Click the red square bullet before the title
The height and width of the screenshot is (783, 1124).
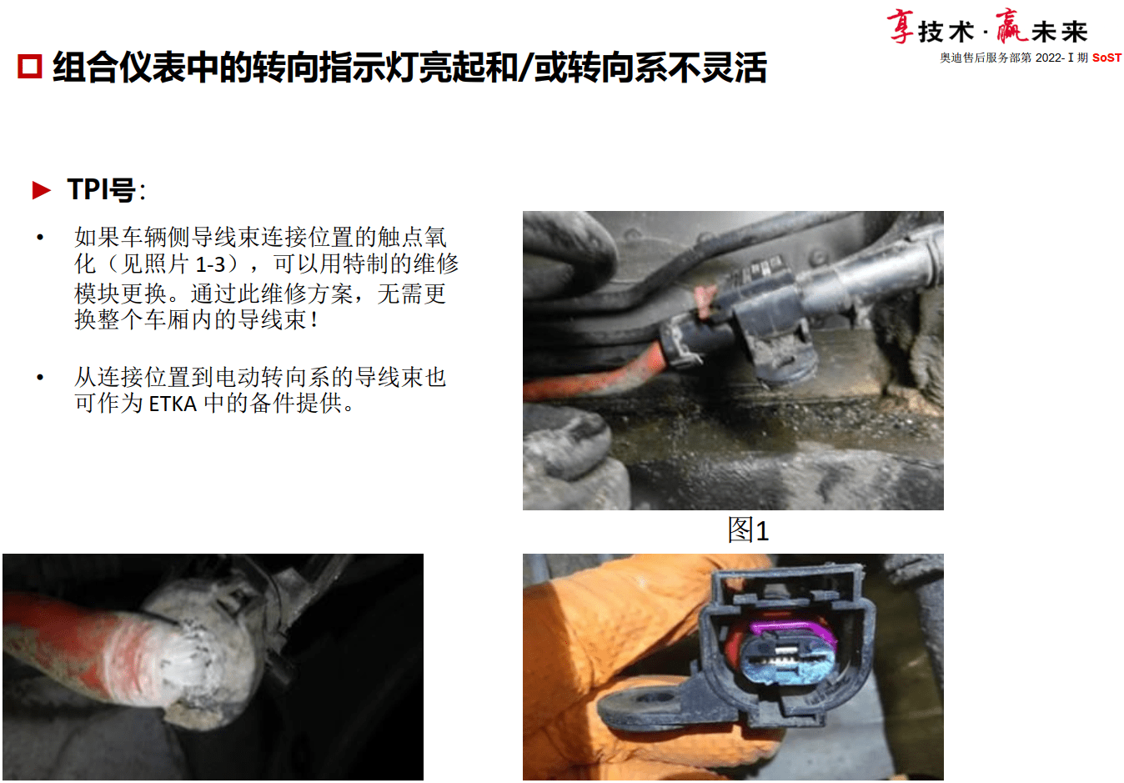pos(30,67)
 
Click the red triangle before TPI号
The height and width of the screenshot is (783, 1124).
pos(41,190)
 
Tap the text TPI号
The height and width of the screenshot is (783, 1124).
pos(102,190)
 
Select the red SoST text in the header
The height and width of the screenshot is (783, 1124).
pos(1106,58)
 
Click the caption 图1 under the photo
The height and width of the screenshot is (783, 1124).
pos(748,530)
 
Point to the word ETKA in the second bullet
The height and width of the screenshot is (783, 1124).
pos(173,404)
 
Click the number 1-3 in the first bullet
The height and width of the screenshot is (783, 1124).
pos(210,265)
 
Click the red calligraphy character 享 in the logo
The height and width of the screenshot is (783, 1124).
pos(901,27)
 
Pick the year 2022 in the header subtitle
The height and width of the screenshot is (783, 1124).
pos(1048,58)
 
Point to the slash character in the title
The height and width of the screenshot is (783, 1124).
pos(525,68)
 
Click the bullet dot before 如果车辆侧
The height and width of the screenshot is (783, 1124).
pos(40,238)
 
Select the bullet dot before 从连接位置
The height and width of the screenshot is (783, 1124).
pos(40,378)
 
